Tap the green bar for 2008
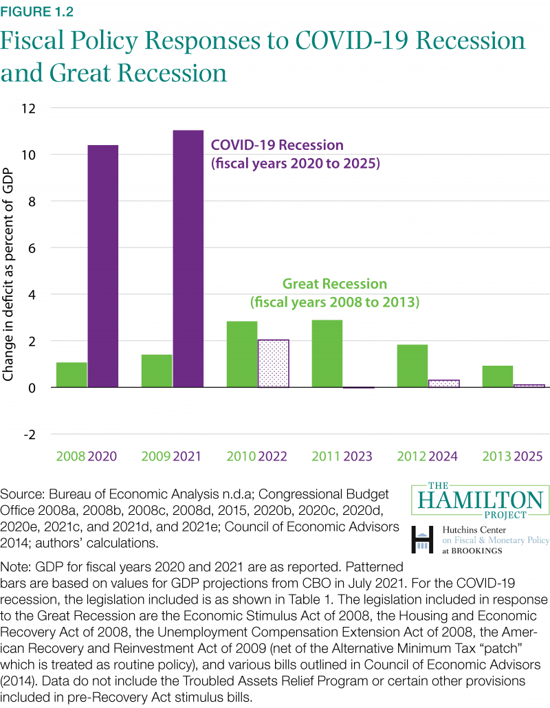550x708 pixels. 71,375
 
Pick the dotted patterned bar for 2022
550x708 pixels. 273,364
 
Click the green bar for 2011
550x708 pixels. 327,353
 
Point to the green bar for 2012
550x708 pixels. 412,366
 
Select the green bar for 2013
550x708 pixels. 497,376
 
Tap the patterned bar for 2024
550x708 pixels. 443,384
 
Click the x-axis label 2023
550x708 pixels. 357,456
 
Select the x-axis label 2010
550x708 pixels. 241,456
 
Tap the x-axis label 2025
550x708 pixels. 528,456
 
